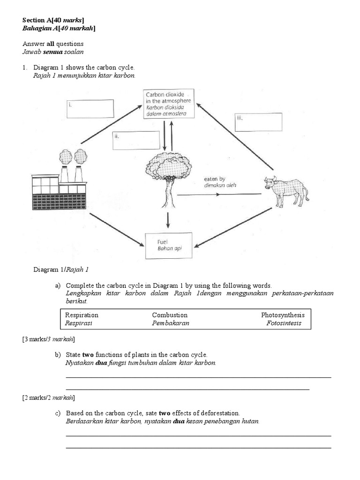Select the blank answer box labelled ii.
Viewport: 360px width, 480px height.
point(136,140)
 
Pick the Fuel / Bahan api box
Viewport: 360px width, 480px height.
point(169,245)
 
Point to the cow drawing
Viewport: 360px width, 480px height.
point(285,190)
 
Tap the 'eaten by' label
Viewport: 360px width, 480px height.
point(215,179)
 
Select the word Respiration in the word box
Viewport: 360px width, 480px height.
point(82,315)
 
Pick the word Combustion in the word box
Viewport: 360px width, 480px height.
point(170,315)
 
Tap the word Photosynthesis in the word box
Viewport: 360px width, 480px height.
point(283,315)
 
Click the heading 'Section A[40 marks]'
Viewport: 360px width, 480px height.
point(53,20)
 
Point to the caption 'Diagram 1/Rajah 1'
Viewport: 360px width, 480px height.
point(60,270)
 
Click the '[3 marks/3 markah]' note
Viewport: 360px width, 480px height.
point(48,339)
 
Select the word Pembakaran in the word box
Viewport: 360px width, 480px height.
point(170,323)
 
